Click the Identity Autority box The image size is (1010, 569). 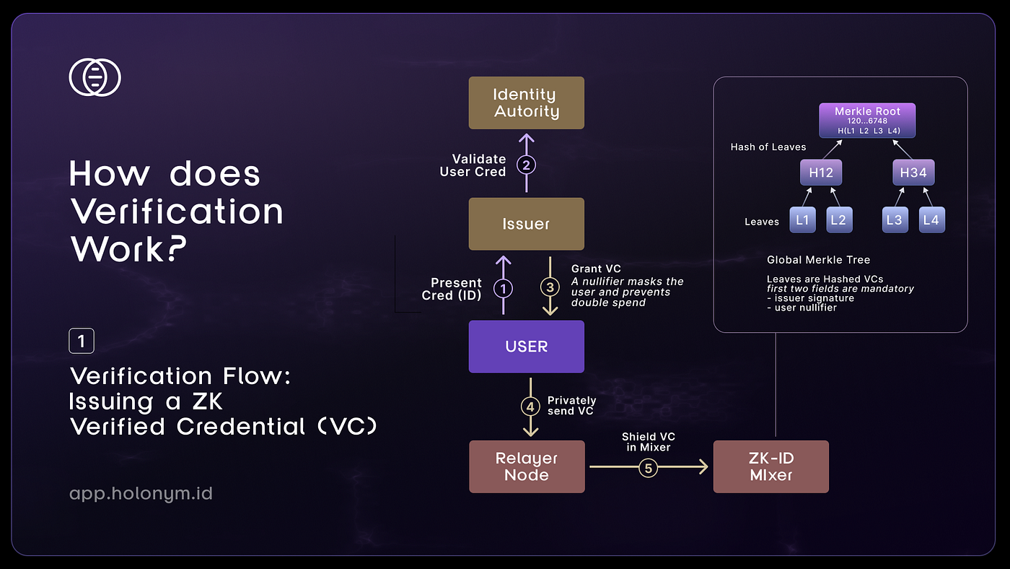click(x=526, y=103)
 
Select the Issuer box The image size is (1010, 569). click(x=526, y=224)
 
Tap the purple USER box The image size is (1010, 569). click(x=526, y=347)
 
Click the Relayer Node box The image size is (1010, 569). click(x=527, y=466)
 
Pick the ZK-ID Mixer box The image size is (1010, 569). click(x=770, y=466)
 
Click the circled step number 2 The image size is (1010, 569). click(x=526, y=165)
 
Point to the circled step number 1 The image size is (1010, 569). click(x=504, y=288)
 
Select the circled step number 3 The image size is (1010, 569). click(x=550, y=287)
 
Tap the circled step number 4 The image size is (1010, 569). click(x=530, y=407)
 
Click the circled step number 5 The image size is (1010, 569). click(x=648, y=469)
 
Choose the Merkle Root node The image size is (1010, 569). click(x=867, y=121)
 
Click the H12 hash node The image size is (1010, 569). click(x=821, y=173)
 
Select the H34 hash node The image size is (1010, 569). click(x=913, y=173)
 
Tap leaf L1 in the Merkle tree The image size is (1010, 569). click(x=802, y=220)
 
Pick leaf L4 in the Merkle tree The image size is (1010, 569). click(x=931, y=220)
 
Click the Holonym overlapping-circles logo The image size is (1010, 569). click(x=95, y=77)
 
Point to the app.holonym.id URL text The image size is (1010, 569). click(x=141, y=494)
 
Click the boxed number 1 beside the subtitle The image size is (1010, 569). click(x=82, y=341)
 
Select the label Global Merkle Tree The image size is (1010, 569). click(x=818, y=260)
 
